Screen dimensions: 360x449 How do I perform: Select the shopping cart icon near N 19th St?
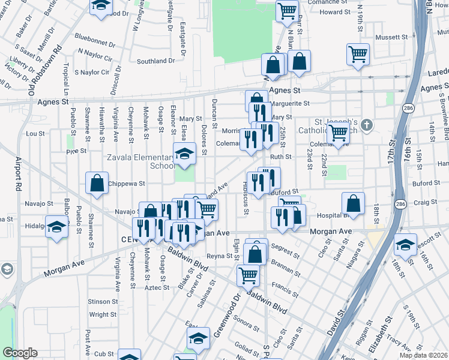click(x=358, y=54)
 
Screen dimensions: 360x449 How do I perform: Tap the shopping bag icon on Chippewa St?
click(x=97, y=183)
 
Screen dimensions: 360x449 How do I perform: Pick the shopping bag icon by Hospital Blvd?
click(x=354, y=203)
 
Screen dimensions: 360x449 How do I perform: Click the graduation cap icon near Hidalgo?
click(x=57, y=227)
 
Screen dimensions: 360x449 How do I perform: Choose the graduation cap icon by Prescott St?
click(x=406, y=245)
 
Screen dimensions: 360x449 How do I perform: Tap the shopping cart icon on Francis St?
click(x=248, y=275)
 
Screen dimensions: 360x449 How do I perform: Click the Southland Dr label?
click(x=155, y=61)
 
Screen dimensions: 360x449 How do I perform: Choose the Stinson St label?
click(x=103, y=301)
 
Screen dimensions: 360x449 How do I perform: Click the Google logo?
click(x=20, y=353)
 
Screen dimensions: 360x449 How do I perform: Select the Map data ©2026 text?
click(x=424, y=355)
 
